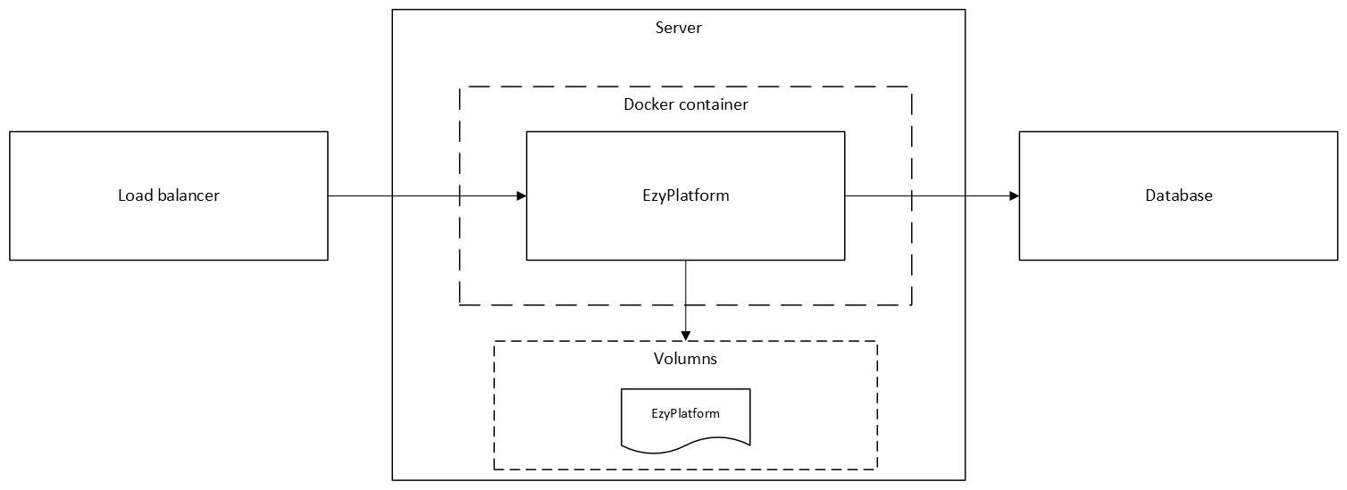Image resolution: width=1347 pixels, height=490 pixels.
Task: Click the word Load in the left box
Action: tap(134, 195)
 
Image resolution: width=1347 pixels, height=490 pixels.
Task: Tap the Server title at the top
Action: tap(679, 28)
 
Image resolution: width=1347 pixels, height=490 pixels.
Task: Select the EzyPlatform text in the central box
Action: tap(685, 195)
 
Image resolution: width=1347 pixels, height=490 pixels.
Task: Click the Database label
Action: tap(1179, 195)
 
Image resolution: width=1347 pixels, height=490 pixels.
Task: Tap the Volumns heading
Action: tap(685, 359)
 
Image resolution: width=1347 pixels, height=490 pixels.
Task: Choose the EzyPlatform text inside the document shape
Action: tap(685, 413)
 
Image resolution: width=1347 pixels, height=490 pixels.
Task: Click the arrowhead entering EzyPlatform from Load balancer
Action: tap(521, 195)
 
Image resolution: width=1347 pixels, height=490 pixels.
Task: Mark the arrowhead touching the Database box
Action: tap(1014, 195)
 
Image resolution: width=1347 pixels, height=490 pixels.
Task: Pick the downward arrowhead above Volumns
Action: tap(685, 336)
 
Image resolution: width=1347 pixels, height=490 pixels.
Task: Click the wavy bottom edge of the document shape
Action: tap(685, 442)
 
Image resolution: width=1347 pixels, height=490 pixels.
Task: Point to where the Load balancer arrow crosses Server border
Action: tap(393, 195)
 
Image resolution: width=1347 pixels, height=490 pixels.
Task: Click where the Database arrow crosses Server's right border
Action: tap(966, 195)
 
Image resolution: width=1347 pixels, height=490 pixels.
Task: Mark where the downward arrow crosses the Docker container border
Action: tap(685, 305)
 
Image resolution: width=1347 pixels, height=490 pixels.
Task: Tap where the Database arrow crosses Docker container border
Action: tap(911, 195)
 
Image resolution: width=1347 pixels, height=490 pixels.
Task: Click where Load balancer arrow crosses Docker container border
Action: tap(460, 195)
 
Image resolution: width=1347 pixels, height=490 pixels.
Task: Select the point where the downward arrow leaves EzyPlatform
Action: tap(685, 261)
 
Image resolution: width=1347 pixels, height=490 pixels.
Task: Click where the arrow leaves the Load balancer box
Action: tap(328, 195)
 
